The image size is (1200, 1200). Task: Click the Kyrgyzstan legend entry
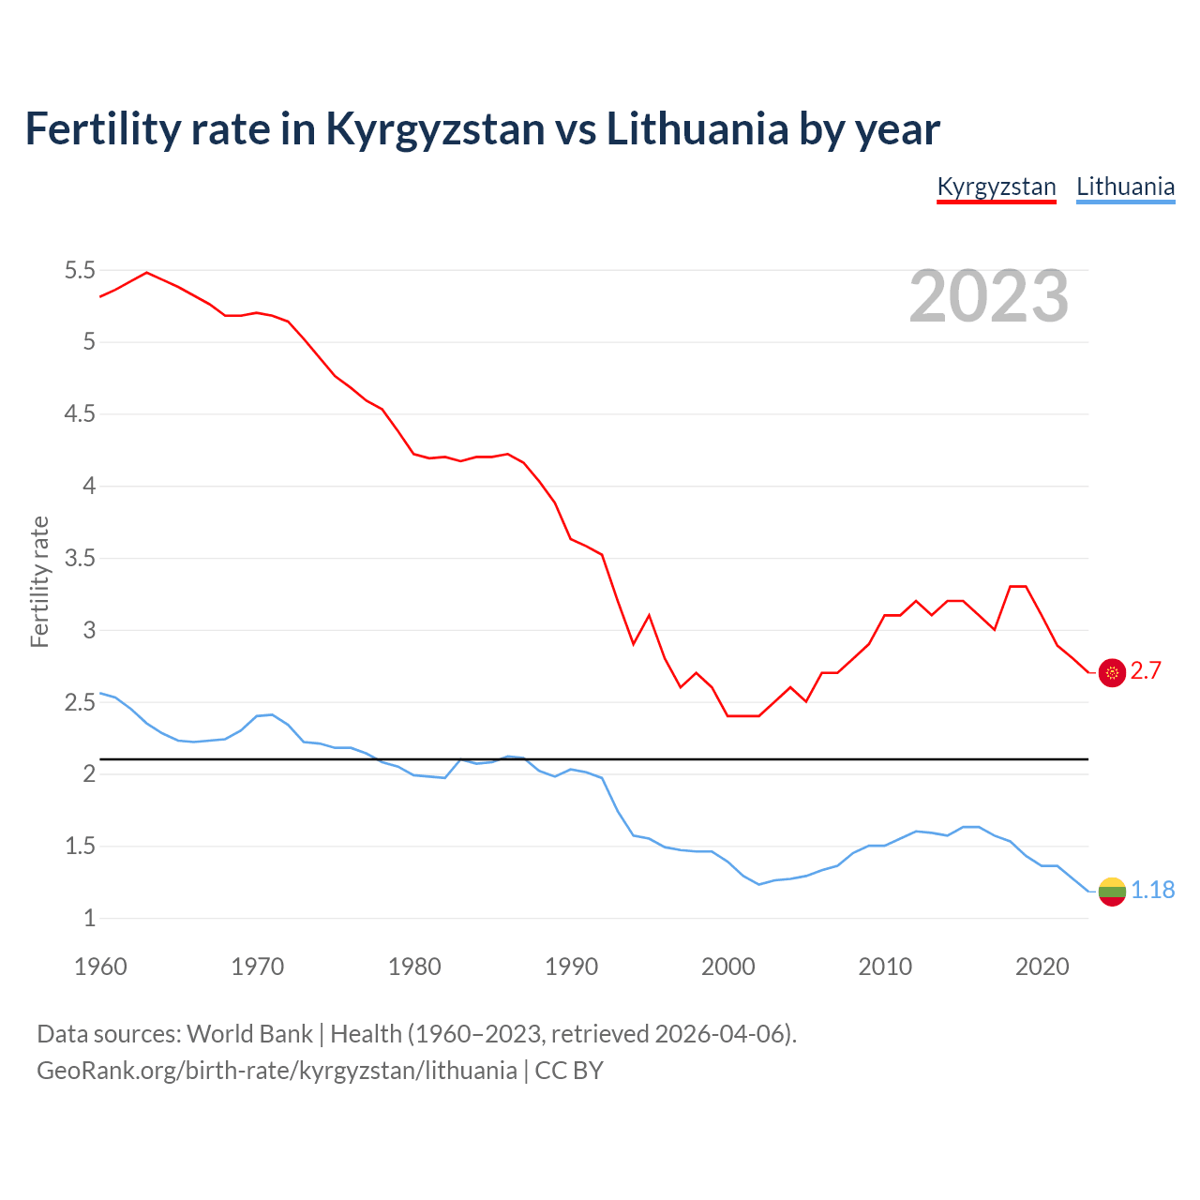click(x=997, y=187)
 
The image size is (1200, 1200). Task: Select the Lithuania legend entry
click(x=1125, y=187)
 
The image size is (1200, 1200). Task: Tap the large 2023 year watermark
click(x=989, y=296)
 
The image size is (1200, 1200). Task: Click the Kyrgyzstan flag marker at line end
click(x=1112, y=672)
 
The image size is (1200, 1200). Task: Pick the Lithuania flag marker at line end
click(x=1112, y=891)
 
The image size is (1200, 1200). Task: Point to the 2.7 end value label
click(x=1146, y=671)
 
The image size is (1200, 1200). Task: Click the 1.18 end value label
click(x=1152, y=890)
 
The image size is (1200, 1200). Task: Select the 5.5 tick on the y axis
click(x=80, y=271)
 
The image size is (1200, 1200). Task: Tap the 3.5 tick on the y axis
click(x=80, y=559)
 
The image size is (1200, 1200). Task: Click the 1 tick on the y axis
click(x=90, y=919)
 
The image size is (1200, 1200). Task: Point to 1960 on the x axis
click(x=100, y=967)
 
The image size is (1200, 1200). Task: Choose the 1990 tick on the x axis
click(x=571, y=967)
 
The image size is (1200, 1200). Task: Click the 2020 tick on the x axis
click(x=1042, y=967)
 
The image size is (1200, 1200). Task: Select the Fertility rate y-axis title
click(x=39, y=581)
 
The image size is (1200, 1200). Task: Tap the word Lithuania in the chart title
click(x=697, y=129)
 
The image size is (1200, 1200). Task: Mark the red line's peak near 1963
click(x=146, y=272)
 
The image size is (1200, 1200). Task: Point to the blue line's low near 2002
click(x=759, y=884)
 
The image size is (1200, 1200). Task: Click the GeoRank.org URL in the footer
click(x=277, y=1071)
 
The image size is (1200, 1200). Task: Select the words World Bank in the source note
click(x=249, y=1034)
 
